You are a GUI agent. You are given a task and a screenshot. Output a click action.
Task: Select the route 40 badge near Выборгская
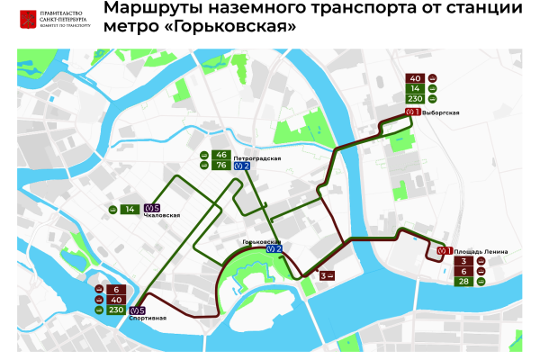(x=416, y=77)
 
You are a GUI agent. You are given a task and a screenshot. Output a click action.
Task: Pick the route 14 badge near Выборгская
(x=416, y=88)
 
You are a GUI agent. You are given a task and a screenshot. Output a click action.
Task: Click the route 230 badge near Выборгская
(x=416, y=99)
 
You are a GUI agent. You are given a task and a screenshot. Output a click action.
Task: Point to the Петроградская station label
(x=257, y=158)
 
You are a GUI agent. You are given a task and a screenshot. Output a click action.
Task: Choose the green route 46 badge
(x=221, y=155)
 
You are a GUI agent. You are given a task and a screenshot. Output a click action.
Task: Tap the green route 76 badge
(x=221, y=166)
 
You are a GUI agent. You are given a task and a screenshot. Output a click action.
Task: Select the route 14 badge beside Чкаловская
(x=130, y=209)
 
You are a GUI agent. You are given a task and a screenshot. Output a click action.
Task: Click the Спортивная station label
(x=148, y=319)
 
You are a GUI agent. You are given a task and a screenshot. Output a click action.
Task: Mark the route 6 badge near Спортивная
(x=115, y=289)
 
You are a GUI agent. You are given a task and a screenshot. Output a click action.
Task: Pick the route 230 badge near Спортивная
(x=115, y=310)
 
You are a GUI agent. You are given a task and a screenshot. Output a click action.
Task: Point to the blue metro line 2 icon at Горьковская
(x=274, y=249)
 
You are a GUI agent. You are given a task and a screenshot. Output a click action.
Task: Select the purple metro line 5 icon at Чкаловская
(x=151, y=209)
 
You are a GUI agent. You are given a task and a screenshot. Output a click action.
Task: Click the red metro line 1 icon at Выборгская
(x=413, y=112)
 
